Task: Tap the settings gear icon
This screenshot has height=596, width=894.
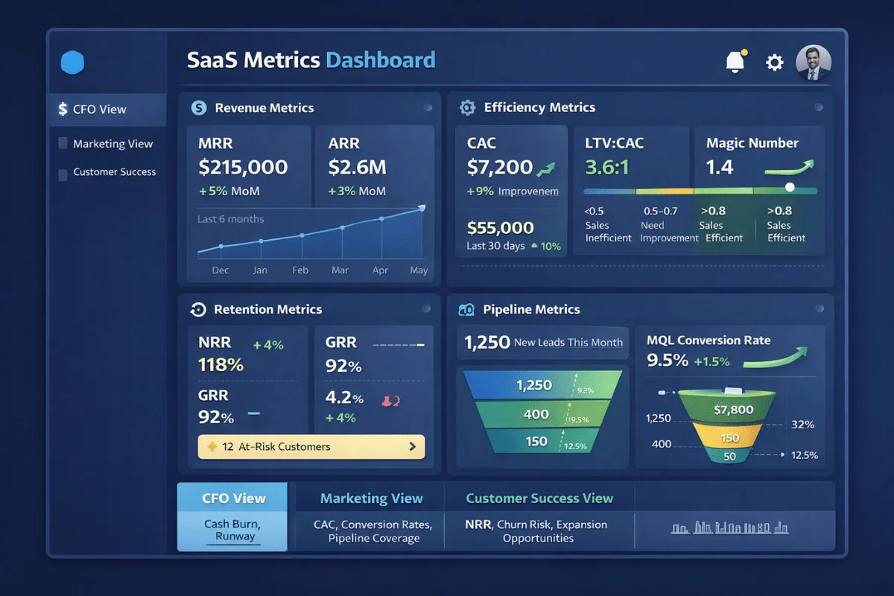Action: [x=775, y=63]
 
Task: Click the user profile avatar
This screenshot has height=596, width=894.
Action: [x=813, y=63]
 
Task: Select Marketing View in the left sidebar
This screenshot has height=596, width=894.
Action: [x=112, y=144]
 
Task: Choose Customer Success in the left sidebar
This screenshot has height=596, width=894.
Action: [x=114, y=172]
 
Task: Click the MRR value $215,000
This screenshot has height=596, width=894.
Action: [x=243, y=167]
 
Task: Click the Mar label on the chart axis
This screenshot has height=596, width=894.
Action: [x=340, y=270]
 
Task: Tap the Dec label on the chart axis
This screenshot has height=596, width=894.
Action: [x=221, y=270]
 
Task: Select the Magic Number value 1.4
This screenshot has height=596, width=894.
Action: [x=720, y=167]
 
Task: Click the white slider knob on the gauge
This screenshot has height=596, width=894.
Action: [x=790, y=188]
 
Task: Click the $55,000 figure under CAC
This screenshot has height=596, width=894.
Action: [x=500, y=228]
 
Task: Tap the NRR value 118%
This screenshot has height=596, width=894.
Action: [x=221, y=365]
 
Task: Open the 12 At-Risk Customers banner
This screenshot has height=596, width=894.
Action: [x=311, y=447]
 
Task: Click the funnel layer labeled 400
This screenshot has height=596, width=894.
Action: [x=536, y=414]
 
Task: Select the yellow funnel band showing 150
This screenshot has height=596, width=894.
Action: [x=729, y=438]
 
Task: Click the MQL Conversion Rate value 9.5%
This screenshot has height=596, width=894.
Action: [x=667, y=361]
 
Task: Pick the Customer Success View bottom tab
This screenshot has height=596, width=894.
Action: [x=539, y=498]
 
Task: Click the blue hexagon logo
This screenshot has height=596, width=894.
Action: [x=72, y=63]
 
